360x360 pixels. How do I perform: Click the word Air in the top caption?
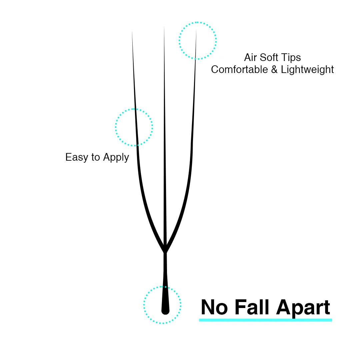pyautogui.click(x=250, y=57)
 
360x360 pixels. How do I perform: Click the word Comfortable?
pyautogui.click(x=239, y=69)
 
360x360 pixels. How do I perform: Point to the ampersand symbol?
pyautogui.click(x=274, y=70)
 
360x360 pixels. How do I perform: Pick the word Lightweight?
pyautogui.click(x=307, y=70)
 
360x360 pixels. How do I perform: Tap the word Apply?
pyautogui.click(x=116, y=157)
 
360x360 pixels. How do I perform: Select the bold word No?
pyautogui.click(x=214, y=307)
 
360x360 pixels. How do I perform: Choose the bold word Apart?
pyautogui.click(x=303, y=308)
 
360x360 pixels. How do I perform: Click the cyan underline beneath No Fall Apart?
pyautogui.click(x=265, y=320)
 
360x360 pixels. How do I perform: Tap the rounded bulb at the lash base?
pyautogui.click(x=165, y=309)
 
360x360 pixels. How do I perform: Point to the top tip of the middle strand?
pyautogui.click(x=164, y=26)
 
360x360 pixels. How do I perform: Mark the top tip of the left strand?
pyautogui.click(x=132, y=31)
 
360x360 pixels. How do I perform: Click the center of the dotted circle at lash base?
pyautogui.click(x=162, y=305)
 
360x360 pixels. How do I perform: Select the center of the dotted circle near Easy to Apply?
pyautogui.click(x=134, y=127)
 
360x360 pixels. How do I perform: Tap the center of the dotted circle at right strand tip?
pyautogui.click(x=198, y=41)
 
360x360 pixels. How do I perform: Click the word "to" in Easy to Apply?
pyautogui.click(x=96, y=157)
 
